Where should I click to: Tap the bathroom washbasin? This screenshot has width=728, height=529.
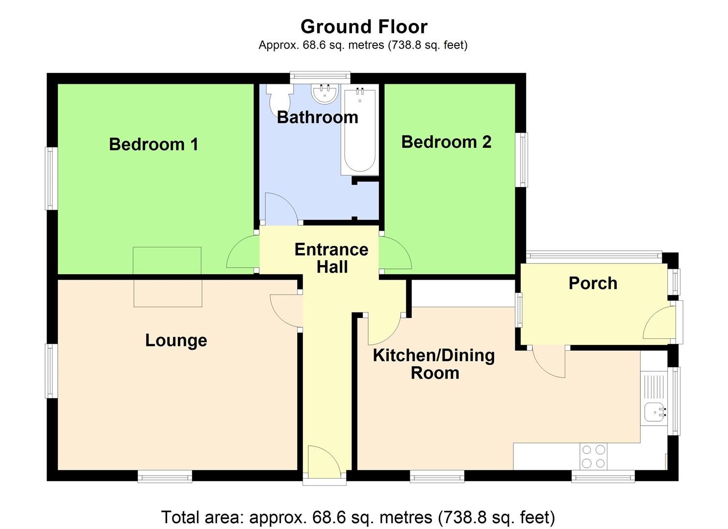[x=324, y=94]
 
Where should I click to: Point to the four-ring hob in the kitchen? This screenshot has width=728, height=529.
[x=593, y=456]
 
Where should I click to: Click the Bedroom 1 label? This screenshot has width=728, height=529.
[x=153, y=144]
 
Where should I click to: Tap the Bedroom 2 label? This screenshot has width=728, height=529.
[x=446, y=142]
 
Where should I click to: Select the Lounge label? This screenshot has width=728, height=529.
[x=176, y=340]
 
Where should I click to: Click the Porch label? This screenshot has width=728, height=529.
[x=593, y=283]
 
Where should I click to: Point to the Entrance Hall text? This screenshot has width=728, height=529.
[x=331, y=258]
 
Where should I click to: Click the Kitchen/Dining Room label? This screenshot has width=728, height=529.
[x=434, y=364]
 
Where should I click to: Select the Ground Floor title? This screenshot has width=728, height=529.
[x=364, y=26]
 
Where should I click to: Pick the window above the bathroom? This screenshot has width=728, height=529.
[x=320, y=77]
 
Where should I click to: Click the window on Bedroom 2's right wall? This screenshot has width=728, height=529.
[x=522, y=160]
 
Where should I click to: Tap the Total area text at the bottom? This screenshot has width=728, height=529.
[x=358, y=517]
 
